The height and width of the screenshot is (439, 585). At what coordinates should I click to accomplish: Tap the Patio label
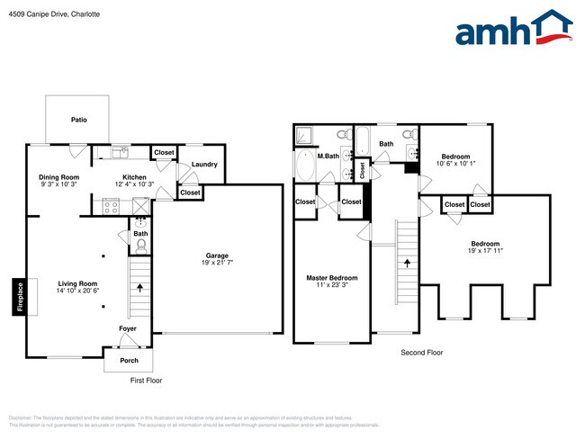tap(78, 119)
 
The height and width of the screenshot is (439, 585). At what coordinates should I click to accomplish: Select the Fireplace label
tap(18, 297)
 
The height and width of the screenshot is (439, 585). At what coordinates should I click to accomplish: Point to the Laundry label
tap(204, 164)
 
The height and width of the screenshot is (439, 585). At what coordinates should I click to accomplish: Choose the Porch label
tap(128, 362)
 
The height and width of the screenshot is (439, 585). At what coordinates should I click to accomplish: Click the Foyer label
tap(129, 328)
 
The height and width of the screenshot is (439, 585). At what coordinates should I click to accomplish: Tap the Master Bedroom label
tap(332, 277)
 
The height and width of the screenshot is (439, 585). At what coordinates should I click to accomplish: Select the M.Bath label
tap(327, 157)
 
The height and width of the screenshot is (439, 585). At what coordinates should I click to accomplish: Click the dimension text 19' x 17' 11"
tap(485, 251)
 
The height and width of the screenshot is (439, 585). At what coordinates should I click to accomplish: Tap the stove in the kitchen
tap(112, 206)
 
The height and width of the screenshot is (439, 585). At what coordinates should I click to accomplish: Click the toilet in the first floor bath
tap(140, 244)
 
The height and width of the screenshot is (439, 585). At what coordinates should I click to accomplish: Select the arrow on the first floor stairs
tap(140, 288)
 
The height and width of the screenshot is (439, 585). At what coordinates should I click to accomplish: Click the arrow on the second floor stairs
tap(406, 263)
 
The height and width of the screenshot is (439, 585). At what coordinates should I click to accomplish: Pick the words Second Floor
tap(422, 353)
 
